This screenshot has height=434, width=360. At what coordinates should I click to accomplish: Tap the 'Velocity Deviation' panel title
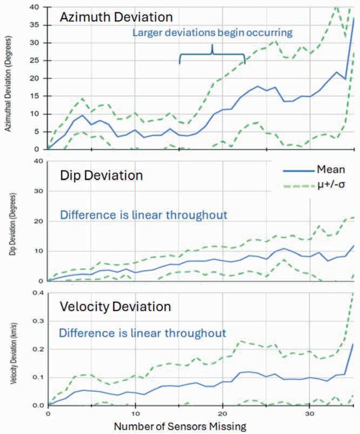115,306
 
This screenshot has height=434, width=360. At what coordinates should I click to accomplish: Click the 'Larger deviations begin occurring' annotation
213,33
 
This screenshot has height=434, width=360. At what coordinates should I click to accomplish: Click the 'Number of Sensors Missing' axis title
180,425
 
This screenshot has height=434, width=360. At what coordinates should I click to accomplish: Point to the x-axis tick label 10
135,413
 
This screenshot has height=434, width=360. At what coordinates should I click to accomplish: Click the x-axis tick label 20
222,413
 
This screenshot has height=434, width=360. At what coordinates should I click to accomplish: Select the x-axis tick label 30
309,413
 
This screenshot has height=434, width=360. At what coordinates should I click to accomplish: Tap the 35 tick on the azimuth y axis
38,25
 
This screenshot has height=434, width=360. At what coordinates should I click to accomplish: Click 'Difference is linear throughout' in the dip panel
143,214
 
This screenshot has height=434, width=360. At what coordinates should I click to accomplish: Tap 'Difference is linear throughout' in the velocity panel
143,332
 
